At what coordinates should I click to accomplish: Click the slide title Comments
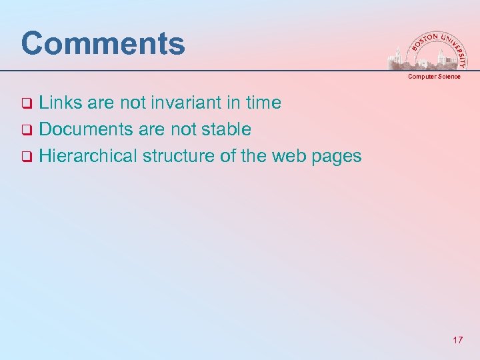click(103, 44)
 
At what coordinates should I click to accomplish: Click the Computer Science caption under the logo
click(434, 77)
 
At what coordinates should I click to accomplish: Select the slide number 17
click(457, 341)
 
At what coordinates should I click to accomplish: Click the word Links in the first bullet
click(57, 103)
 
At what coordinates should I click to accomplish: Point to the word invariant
click(183, 103)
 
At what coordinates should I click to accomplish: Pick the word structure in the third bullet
click(172, 156)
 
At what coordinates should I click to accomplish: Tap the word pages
click(337, 157)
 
